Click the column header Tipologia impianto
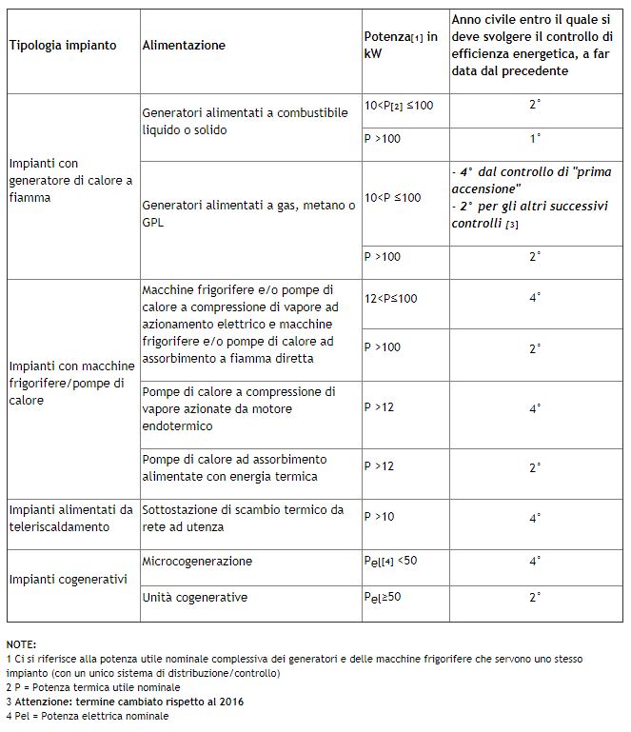(x=63, y=46)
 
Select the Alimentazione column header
(x=184, y=46)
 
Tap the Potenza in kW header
(x=401, y=46)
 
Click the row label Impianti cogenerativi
(x=68, y=579)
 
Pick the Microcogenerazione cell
(x=197, y=562)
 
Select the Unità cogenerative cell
(x=195, y=597)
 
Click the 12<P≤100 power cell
(x=390, y=299)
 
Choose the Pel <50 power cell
(x=391, y=562)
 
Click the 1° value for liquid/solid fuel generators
(x=535, y=139)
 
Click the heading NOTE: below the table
(x=21, y=644)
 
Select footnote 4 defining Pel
(x=88, y=716)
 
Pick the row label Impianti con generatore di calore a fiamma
(x=70, y=181)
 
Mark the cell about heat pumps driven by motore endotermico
(x=238, y=407)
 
